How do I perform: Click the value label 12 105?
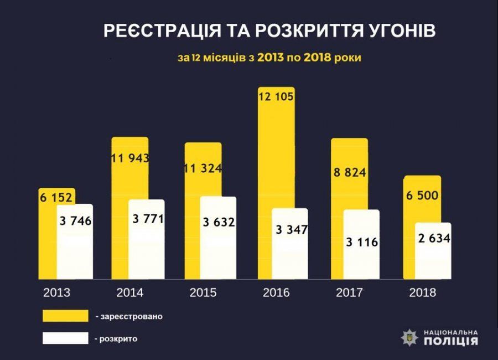(276, 96)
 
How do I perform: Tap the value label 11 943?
(129, 158)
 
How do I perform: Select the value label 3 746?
(75, 222)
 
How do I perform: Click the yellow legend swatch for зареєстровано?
(65, 316)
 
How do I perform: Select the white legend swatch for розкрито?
(65, 338)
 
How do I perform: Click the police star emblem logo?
(410, 337)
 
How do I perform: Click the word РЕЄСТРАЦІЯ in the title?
(155, 32)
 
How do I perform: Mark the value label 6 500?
(422, 196)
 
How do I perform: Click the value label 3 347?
(290, 229)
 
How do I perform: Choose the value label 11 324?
(203, 168)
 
